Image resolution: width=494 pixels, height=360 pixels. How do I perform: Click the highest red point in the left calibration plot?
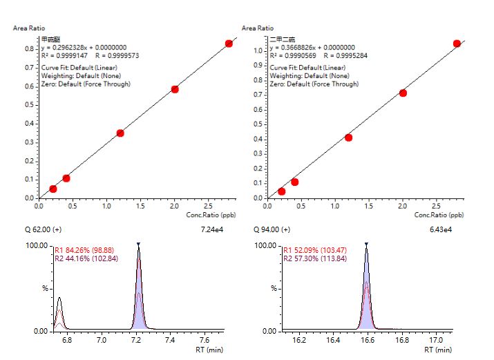(x=229, y=44)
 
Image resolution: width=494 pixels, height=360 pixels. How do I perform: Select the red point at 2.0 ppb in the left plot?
(x=175, y=89)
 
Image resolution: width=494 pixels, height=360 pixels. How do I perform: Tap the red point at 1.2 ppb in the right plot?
(x=348, y=138)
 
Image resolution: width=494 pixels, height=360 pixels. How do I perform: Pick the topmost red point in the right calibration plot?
(x=457, y=44)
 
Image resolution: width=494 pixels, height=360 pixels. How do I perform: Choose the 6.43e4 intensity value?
(x=439, y=229)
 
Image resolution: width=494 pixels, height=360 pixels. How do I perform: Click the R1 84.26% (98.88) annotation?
(x=85, y=251)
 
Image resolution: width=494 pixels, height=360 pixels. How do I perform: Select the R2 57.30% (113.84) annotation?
(x=314, y=259)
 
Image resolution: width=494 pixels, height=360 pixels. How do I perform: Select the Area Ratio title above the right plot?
(x=258, y=28)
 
